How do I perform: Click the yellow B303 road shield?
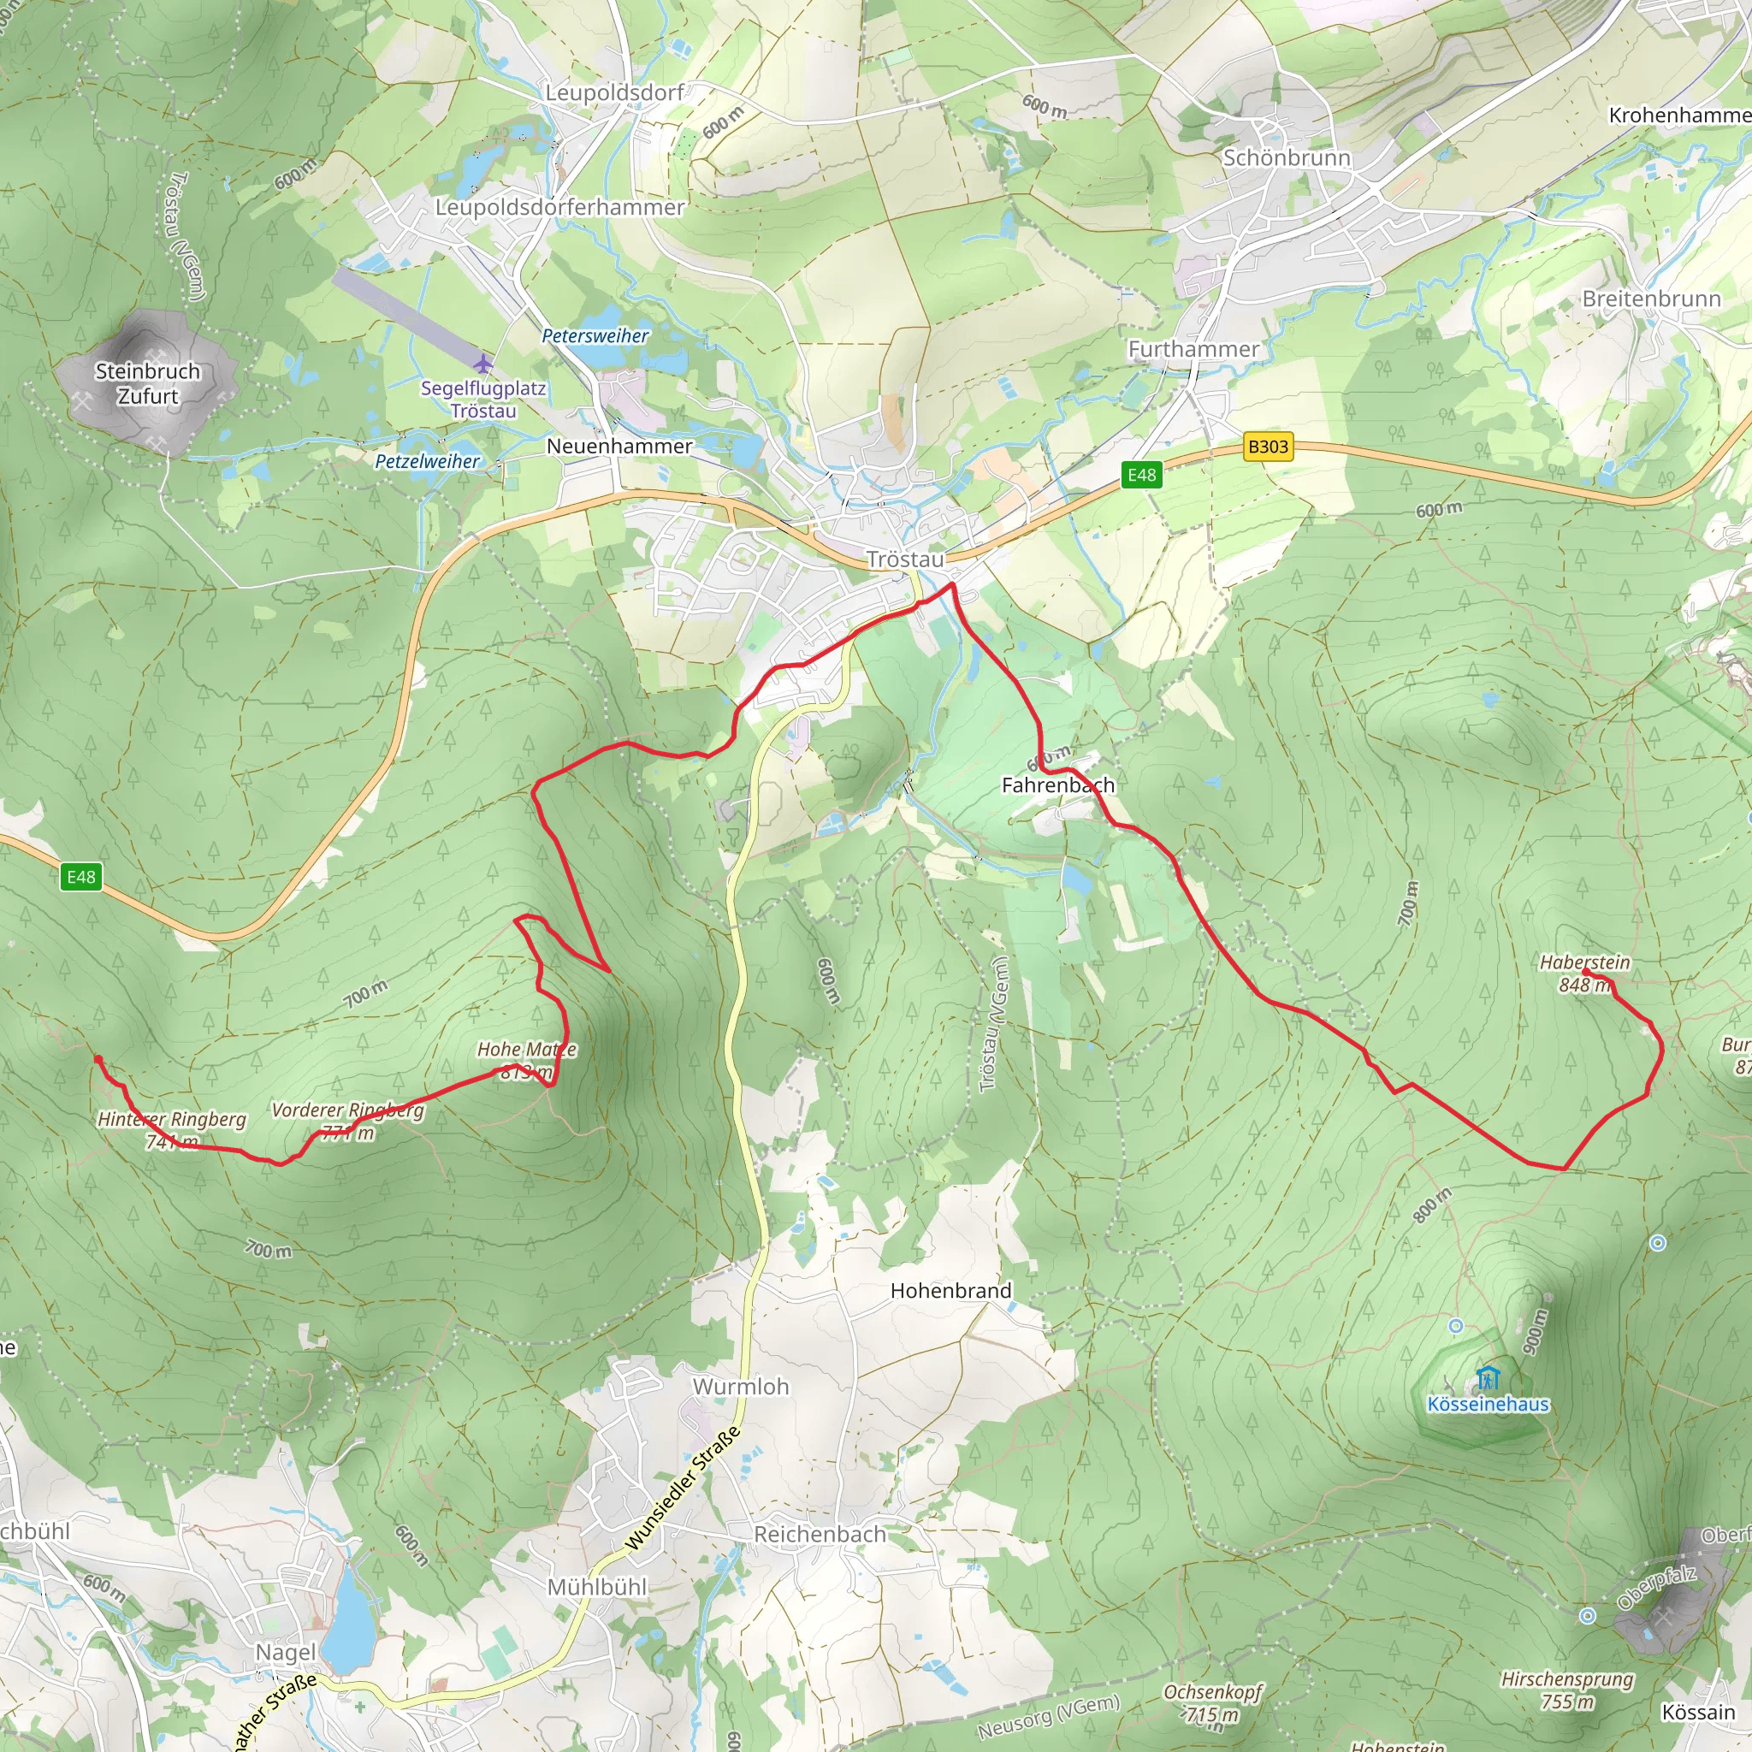click(1267, 447)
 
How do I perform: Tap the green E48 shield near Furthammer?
click(1141, 474)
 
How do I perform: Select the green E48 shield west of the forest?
click(80, 877)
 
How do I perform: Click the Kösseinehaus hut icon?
click(1486, 1379)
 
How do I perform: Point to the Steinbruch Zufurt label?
click(148, 383)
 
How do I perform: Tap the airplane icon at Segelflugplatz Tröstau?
click(483, 364)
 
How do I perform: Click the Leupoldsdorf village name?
click(614, 92)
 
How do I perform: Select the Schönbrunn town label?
click(1286, 157)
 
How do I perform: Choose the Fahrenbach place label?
click(1057, 784)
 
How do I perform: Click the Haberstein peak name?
click(1584, 962)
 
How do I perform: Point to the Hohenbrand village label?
click(950, 1290)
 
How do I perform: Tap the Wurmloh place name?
click(740, 1387)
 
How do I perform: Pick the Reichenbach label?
click(819, 1535)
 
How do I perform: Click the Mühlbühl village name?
click(597, 1587)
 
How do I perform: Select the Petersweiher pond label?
click(595, 335)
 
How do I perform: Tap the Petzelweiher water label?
click(427, 461)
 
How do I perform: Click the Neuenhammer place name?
click(619, 447)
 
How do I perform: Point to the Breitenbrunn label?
click(1650, 299)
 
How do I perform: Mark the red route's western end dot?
click(98, 1059)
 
